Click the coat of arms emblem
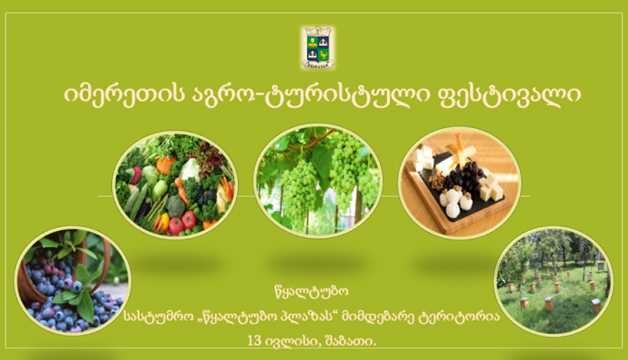(x=318, y=48)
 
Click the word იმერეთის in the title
(x=123, y=95)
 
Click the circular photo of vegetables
(x=175, y=185)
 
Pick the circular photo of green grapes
(x=318, y=181)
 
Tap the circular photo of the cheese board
(x=460, y=183)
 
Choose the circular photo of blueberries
(x=73, y=280)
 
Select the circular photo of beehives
(x=553, y=281)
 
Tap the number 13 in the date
(x=255, y=341)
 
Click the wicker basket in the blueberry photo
(x=60, y=265)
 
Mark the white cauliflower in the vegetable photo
(x=190, y=169)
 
